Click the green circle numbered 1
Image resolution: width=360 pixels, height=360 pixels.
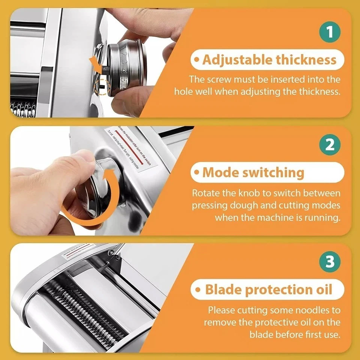330,32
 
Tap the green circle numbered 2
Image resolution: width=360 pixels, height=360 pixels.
330,145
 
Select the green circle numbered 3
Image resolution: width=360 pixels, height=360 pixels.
330,262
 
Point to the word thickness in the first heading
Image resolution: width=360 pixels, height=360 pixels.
306,60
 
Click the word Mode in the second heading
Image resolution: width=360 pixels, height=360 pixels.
222,172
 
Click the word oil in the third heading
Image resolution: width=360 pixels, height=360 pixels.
322,289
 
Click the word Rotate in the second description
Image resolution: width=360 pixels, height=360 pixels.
205,193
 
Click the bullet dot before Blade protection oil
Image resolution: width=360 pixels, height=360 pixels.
198,290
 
